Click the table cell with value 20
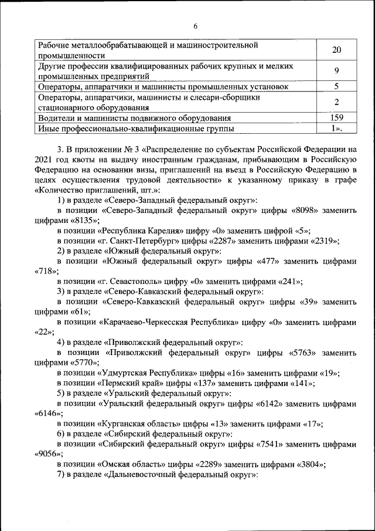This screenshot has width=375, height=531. (336, 50)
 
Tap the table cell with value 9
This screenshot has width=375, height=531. (336, 71)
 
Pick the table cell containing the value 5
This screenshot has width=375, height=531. (336, 87)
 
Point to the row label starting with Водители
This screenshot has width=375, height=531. (135, 117)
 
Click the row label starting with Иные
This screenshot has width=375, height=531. (135, 128)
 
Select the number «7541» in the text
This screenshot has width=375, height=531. (275, 445)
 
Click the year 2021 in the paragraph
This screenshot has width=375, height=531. (45, 159)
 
